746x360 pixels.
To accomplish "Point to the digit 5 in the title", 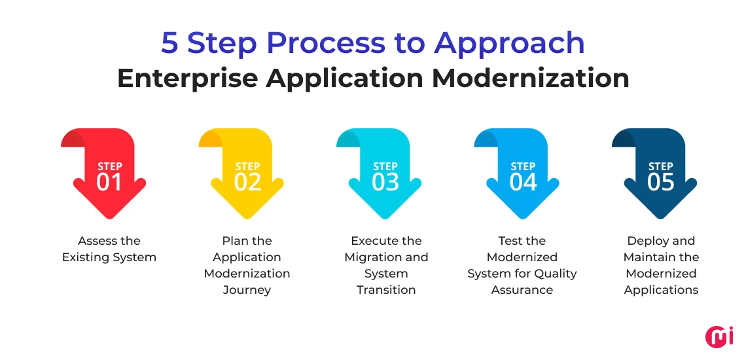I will point(169,43).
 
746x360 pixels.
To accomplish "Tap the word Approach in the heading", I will point(510,43).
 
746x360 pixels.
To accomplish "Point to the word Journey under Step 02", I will point(247,290).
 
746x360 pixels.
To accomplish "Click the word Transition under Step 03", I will point(386,290).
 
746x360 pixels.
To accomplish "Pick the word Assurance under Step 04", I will point(522,290).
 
